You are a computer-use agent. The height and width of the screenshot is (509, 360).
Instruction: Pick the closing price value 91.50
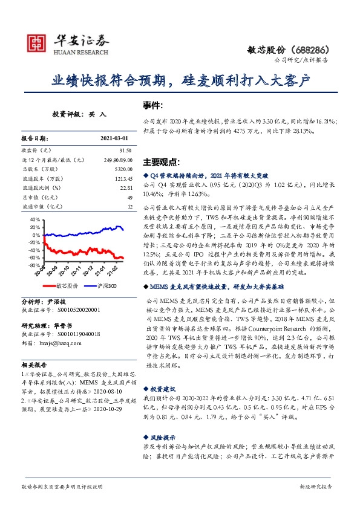click(x=125, y=150)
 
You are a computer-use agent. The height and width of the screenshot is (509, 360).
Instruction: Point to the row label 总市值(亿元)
click(x=38, y=197)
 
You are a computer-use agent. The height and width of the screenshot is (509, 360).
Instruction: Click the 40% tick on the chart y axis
click(x=36, y=220)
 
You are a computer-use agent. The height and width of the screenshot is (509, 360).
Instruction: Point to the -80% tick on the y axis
click(x=34, y=265)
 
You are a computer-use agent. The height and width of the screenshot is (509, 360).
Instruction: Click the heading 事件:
click(x=152, y=105)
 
